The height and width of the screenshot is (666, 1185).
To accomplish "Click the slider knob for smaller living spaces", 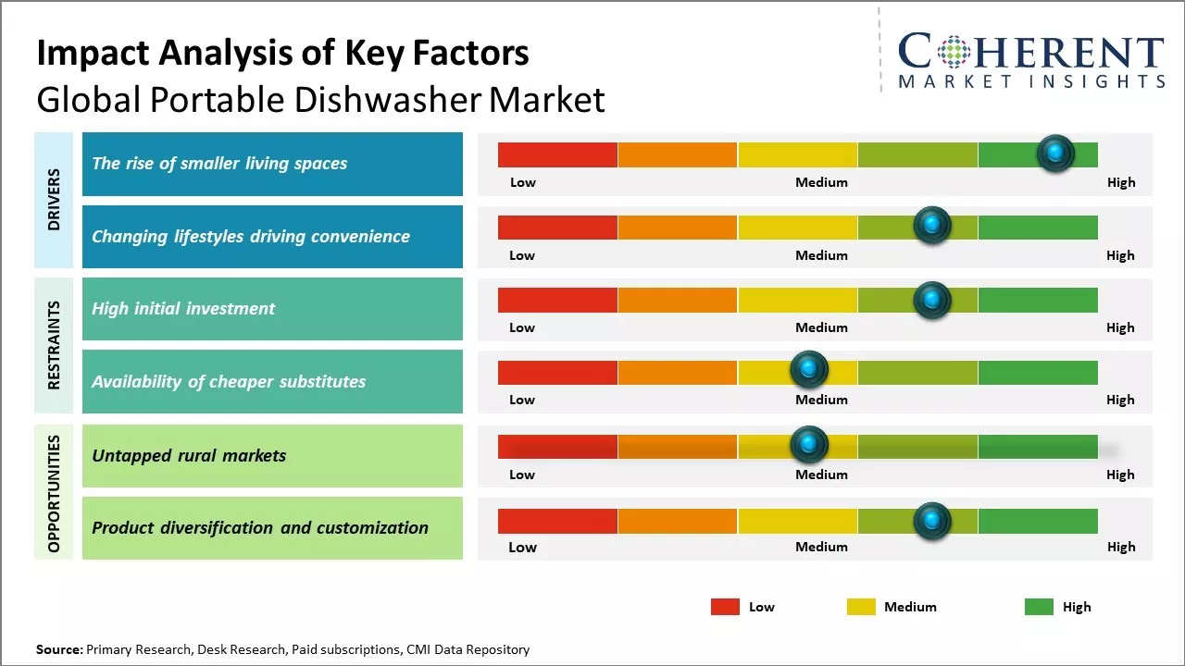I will pyautogui.click(x=1055, y=153).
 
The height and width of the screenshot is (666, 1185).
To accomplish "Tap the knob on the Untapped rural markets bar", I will pyautogui.click(x=809, y=445).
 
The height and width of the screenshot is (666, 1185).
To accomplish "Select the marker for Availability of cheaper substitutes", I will pyautogui.click(x=809, y=370).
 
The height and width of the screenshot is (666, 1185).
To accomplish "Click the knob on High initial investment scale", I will pyautogui.click(x=932, y=300).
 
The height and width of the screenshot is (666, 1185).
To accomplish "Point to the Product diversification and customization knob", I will pyautogui.click(x=932, y=521).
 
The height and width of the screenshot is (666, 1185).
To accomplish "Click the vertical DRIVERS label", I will pyautogui.click(x=55, y=200).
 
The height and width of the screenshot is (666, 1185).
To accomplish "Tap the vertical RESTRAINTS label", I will pyautogui.click(x=55, y=345).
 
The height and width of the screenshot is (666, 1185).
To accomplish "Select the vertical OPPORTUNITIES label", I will pyautogui.click(x=55, y=493).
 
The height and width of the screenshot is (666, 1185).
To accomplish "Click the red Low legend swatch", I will pyautogui.click(x=725, y=607).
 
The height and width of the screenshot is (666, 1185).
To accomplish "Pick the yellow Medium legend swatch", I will pyautogui.click(x=861, y=607).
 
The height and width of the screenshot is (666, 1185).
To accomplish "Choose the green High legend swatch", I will pyautogui.click(x=1039, y=607).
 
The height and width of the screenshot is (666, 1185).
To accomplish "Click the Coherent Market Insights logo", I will pyautogui.click(x=1030, y=61).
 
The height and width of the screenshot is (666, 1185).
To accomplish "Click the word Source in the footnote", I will pyautogui.click(x=58, y=649).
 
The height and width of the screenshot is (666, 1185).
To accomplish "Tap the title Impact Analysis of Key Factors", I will pyautogui.click(x=282, y=54).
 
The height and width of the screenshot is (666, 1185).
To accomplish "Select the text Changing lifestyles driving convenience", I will pyautogui.click(x=251, y=237).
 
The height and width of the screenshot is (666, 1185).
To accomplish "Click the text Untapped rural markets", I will pyautogui.click(x=189, y=456).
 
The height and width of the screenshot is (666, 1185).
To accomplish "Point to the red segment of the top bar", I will pyautogui.click(x=557, y=154).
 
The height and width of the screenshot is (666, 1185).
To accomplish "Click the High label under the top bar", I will pyautogui.click(x=1120, y=182).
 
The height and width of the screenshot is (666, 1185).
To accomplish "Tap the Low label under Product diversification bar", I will pyautogui.click(x=522, y=547).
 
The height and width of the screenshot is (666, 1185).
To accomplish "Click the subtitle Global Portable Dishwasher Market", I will pyautogui.click(x=320, y=100).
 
